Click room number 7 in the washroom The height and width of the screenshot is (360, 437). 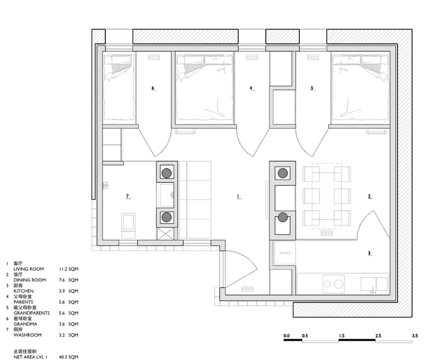127,196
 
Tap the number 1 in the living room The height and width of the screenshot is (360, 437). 238,196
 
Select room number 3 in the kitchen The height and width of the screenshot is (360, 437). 369,253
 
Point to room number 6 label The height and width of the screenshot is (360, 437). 153,88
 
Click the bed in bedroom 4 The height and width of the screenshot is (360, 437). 204,87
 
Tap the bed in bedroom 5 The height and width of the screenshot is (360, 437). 360,87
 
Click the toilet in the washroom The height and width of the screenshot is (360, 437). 129,225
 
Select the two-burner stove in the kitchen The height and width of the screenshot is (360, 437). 333,284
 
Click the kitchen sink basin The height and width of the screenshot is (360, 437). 374,284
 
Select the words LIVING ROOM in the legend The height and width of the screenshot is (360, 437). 29,269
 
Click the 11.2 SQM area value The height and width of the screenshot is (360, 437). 68,269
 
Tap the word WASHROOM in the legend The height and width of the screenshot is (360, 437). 28,335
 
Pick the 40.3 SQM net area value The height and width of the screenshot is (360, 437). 68,357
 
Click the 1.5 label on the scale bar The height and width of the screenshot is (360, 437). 342,336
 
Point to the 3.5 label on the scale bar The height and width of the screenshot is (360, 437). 415,336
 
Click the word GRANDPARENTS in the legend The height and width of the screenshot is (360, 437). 32,313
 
